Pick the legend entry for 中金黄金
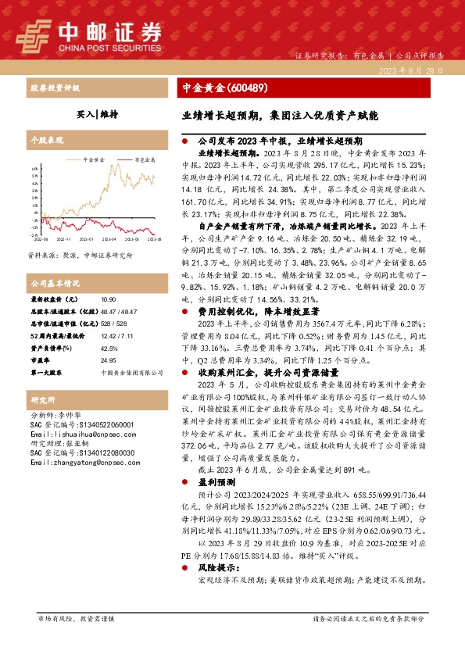coord(94,158)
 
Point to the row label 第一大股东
coord(46,374)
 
